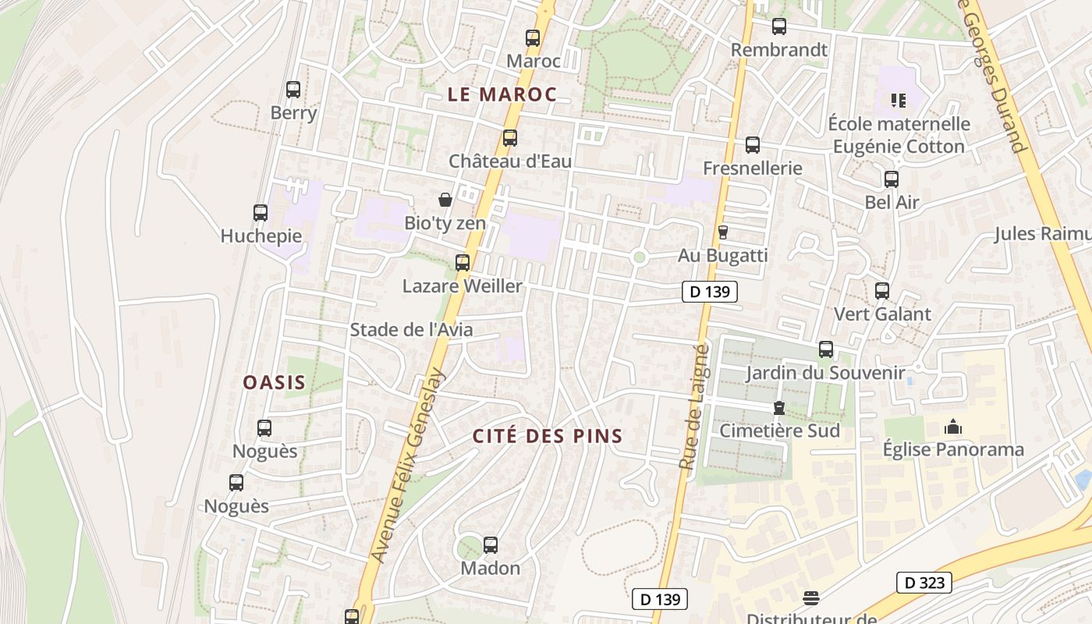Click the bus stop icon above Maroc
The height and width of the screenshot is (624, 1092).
[x=533, y=37]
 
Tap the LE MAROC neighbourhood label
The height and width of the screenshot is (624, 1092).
[x=502, y=95]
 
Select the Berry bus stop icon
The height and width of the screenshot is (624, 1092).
[x=293, y=90]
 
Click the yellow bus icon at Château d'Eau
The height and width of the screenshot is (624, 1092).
[x=510, y=138]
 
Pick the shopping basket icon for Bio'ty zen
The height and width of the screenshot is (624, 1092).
[x=445, y=200]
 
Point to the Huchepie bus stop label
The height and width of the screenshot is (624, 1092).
[x=261, y=236]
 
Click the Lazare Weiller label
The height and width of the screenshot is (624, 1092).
[x=462, y=286]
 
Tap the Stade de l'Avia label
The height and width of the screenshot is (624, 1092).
[x=411, y=330]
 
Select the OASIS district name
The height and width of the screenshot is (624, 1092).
[x=274, y=383]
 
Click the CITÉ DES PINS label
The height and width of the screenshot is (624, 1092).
[x=548, y=436]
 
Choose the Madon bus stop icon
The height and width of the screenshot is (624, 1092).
[x=491, y=545]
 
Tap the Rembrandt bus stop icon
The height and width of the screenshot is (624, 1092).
[x=778, y=27]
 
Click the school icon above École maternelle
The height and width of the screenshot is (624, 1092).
[x=898, y=101]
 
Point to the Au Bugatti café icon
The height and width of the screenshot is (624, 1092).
[x=722, y=232]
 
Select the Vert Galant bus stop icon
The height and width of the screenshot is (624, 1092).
[x=882, y=291]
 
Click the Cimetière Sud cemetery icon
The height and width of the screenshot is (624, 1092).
[x=778, y=408]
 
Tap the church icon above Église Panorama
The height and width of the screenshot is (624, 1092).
[x=952, y=427]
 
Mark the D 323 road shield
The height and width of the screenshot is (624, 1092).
[x=924, y=582]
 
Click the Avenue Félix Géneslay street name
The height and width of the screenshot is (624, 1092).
[x=407, y=466]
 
